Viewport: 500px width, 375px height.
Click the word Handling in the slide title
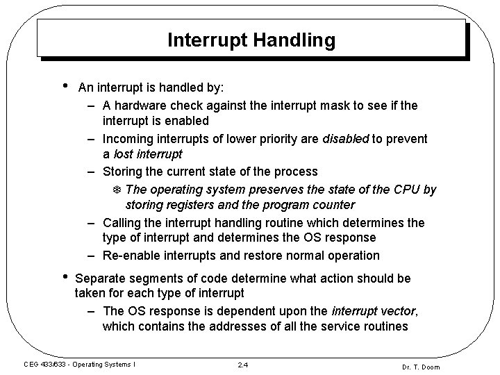coord(298,40)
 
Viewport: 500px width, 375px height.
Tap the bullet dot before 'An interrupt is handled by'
coord(64,86)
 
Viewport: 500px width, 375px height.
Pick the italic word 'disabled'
coord(345,138)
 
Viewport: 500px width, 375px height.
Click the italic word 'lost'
coord(126,154)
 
